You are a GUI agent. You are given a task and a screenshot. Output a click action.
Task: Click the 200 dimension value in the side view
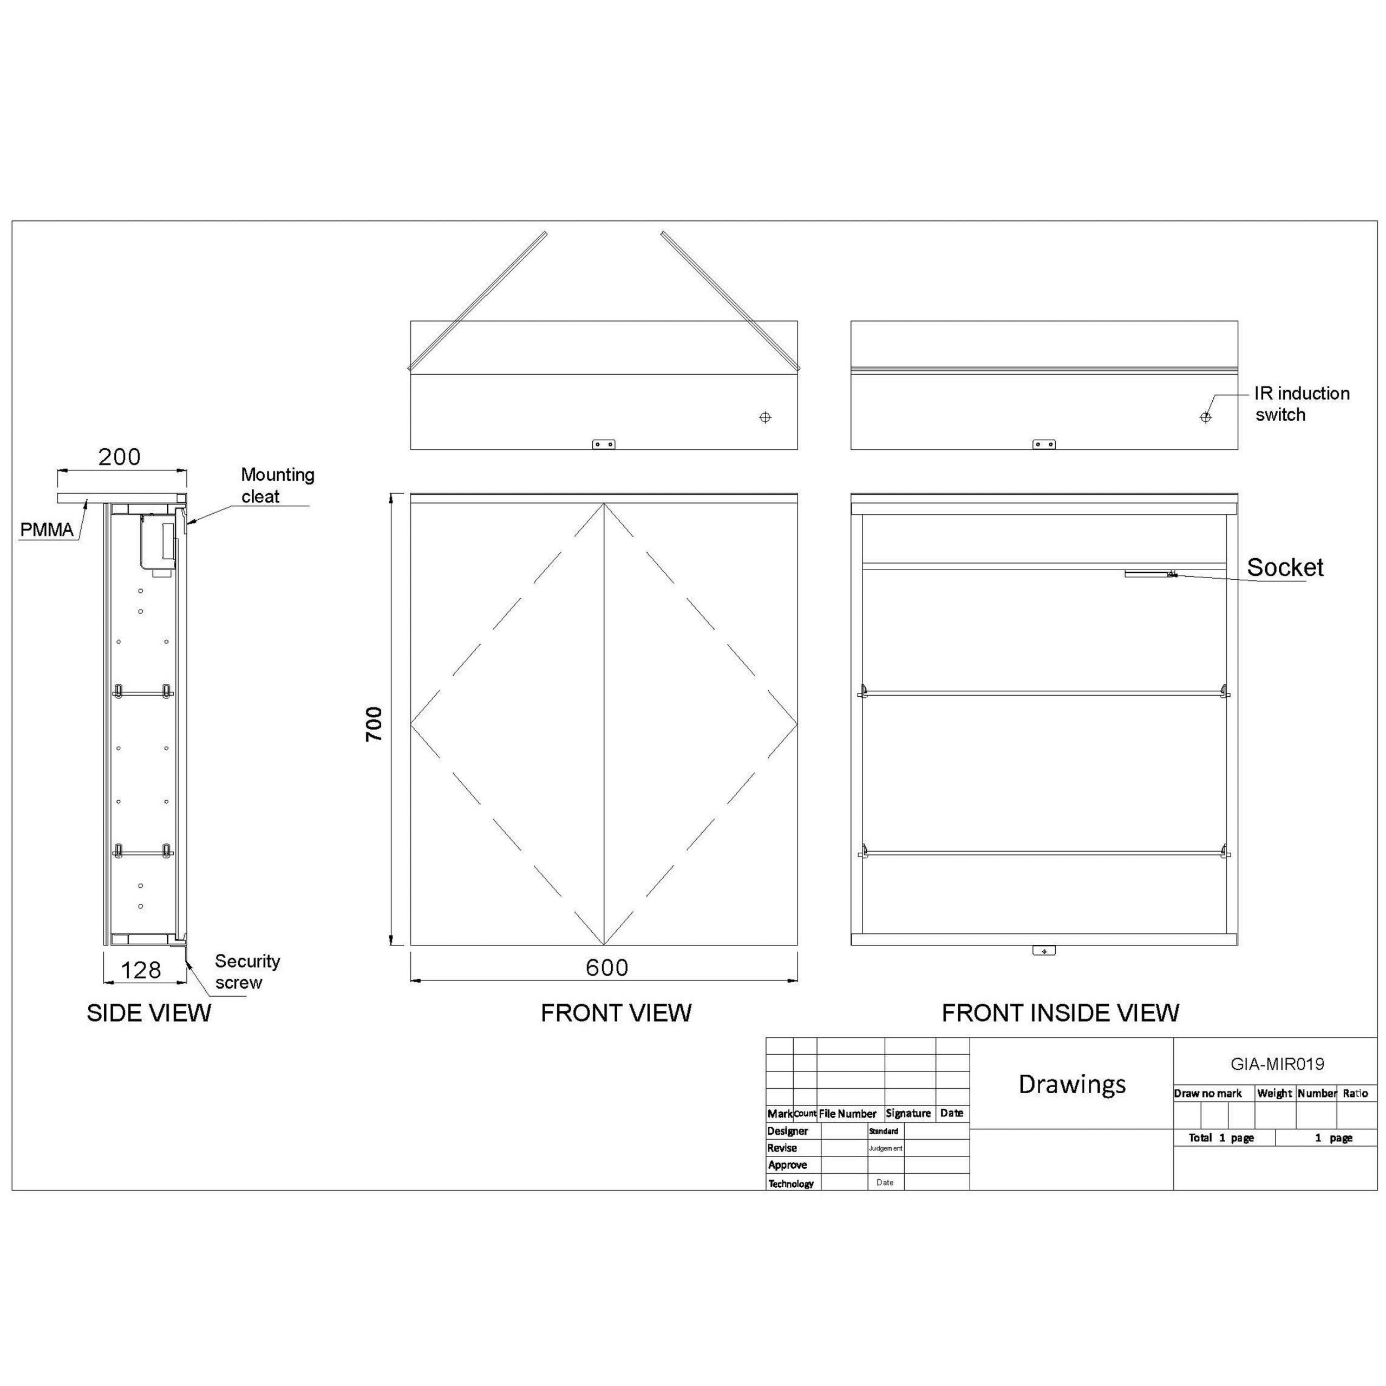click(x=119, y=457)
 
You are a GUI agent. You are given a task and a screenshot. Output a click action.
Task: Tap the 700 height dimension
click(x=374, y=724)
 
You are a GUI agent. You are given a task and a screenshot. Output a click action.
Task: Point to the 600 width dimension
click(x=607, y=967)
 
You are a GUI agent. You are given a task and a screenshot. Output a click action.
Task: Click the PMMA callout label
click(x=47, y=530)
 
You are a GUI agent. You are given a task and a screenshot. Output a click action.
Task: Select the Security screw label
click(x=247, y=972)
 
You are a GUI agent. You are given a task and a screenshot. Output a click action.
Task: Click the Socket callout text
click(x=1285, y=567)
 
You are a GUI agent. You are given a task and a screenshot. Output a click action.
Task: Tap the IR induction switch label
click(x=1302, y=404)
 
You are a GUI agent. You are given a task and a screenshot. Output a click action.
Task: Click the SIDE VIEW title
click(x=149, y=1013)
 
